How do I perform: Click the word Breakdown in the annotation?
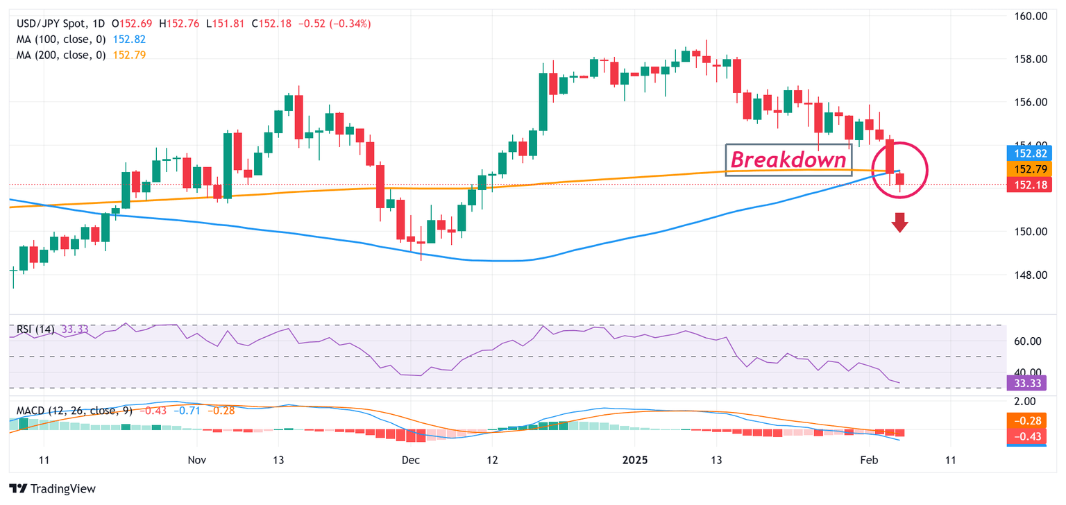coord(788,160)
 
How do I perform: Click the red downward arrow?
coord(900,223)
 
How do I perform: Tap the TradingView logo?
coord(53,488)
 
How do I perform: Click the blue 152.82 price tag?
coord(1034,153)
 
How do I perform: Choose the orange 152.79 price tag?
coord(1034,169)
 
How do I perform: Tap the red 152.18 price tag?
coord(1034,184)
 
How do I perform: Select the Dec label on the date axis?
coord(412,460)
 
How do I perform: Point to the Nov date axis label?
coord(198,460)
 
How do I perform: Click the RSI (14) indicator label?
coord(37,329)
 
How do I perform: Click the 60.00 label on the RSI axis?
coord(1029,341)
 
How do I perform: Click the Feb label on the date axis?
coord(868,460)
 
